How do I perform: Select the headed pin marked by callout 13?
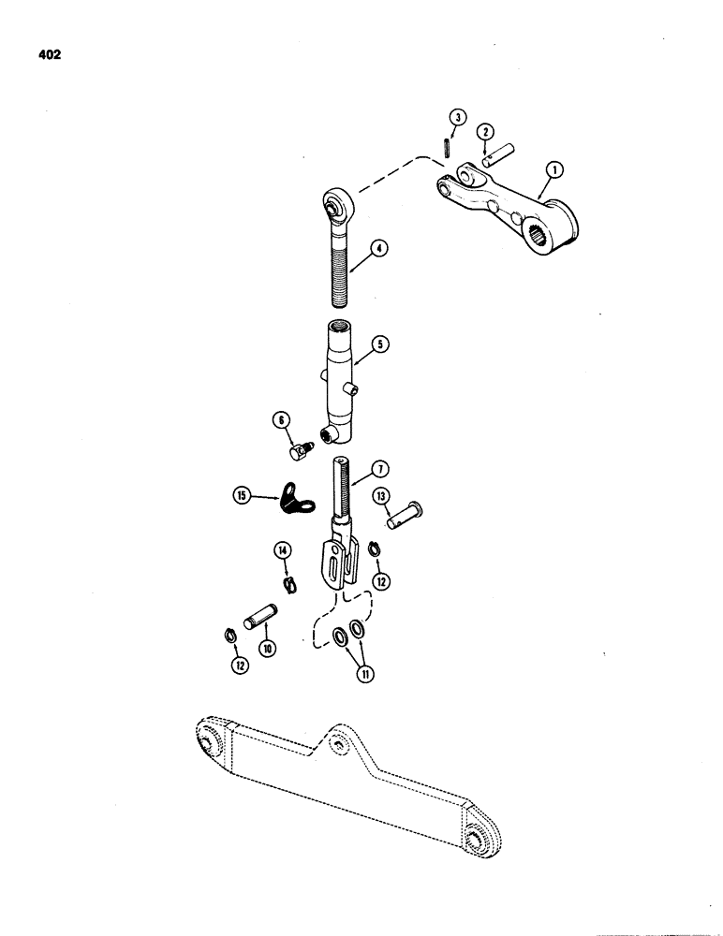pos(406,514)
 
